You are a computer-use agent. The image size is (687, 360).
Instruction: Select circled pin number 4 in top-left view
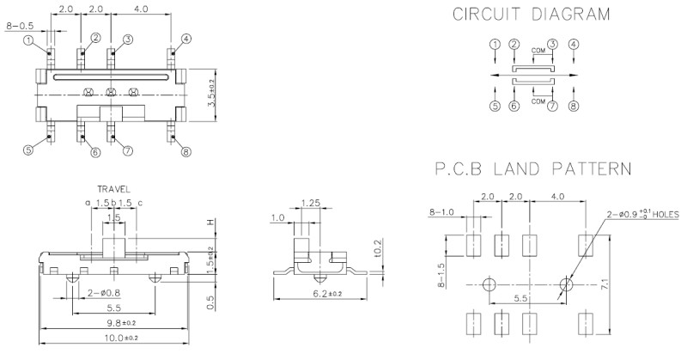click(186, 38)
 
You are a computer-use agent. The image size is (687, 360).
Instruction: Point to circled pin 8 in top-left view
click(185, 153)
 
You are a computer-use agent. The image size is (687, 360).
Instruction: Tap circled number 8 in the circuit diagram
click(574, 107)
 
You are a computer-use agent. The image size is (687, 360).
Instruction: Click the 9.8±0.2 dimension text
click(113, 323)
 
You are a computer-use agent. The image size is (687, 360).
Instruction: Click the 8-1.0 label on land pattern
click(442, 211)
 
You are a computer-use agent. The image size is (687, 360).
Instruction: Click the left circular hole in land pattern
click(489, 284)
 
